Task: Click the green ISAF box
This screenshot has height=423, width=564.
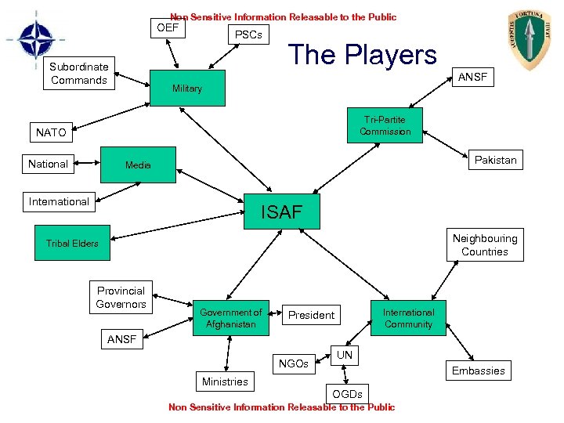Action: point(282,210)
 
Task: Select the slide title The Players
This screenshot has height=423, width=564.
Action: point(362,54)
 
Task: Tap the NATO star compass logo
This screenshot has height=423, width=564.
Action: point(35,41)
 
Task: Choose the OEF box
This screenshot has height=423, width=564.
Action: point(168,29)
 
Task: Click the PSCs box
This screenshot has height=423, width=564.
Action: point(248,34)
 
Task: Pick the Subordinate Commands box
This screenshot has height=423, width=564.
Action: point(78,74)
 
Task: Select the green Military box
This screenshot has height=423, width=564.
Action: point(187,89)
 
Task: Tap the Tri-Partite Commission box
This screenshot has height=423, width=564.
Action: point(385,125)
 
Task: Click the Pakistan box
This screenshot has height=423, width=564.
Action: point(495,160)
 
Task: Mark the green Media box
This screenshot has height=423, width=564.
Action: point(138,164)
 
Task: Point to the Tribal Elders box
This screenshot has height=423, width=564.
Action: point(72,243)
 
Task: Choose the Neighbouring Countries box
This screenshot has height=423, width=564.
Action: point(484,245)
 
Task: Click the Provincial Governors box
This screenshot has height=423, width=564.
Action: point(121,297)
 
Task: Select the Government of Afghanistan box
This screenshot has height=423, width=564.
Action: point(230,318)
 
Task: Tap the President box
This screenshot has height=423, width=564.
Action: point(311,315)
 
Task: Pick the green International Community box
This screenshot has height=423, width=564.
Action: point(408,318)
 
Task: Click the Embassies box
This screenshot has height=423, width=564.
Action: point(478,371)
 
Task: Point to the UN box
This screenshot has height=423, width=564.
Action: point(345,355)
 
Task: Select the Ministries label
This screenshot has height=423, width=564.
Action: point(225,381)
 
